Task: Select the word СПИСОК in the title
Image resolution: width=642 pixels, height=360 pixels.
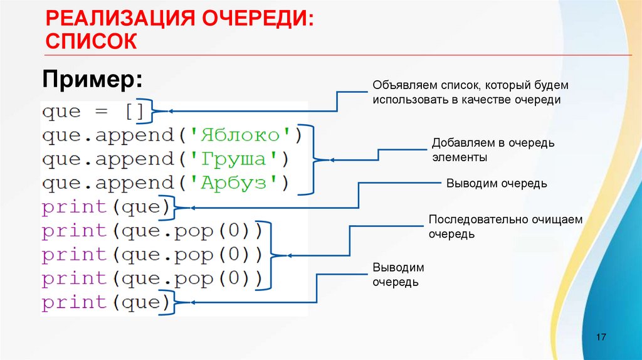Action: pyautogui.click(x=91, y=41)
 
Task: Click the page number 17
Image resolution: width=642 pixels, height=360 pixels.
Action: pyautogui.click(x=601, y=337)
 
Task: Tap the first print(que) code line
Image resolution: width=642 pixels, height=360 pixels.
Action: pyautogui.click(x=105, y=206)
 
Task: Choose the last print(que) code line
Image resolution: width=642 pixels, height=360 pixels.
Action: pyautogui.click(x=105, y=302)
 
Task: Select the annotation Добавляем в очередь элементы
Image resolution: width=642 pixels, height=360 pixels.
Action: pyautogui.click(x=493, y=150)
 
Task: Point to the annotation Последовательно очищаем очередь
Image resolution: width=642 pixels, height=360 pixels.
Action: pyautogui.click(x=505, y=226)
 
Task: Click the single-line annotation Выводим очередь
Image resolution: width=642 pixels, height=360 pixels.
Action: pyautogui.click(x=497, y=183)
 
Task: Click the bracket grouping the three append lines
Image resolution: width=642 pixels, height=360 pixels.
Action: pyautogui.click(x=310, y=159)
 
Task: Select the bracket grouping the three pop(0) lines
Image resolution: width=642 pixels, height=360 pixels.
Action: pyautogui.click(x=270, y=255)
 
